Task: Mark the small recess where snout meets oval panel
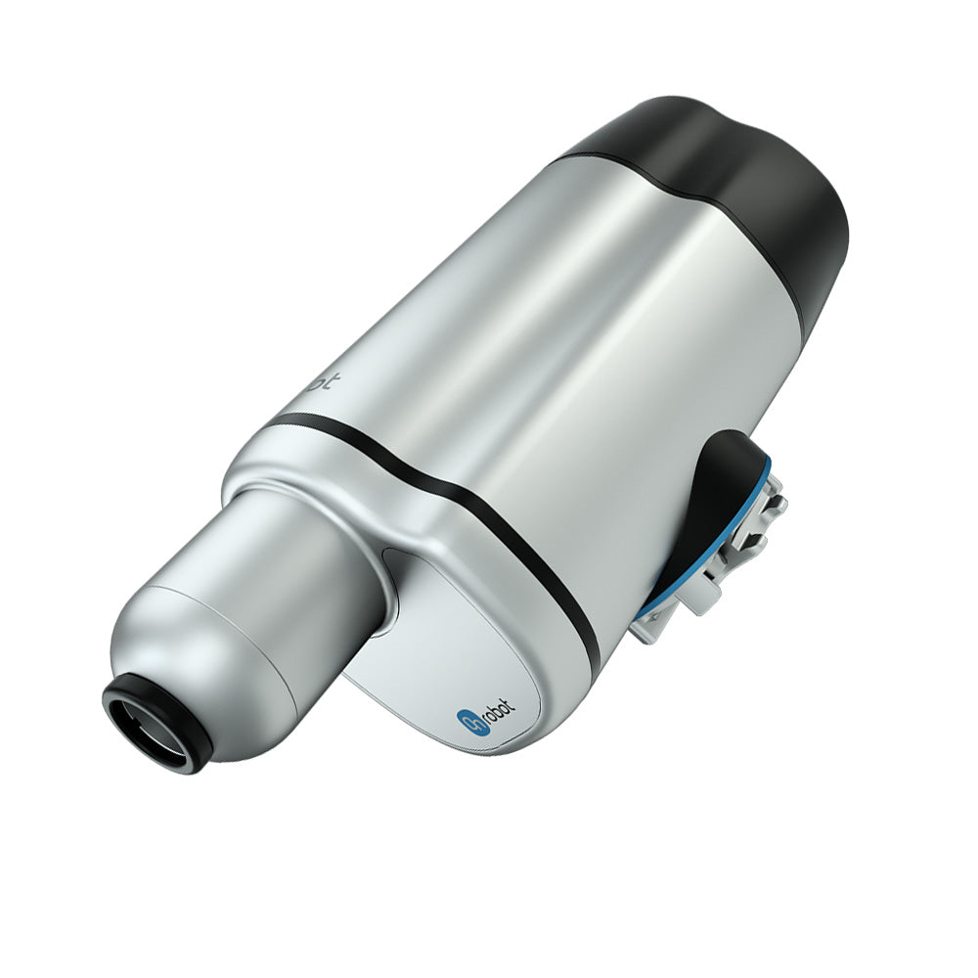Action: tap(391, 587)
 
